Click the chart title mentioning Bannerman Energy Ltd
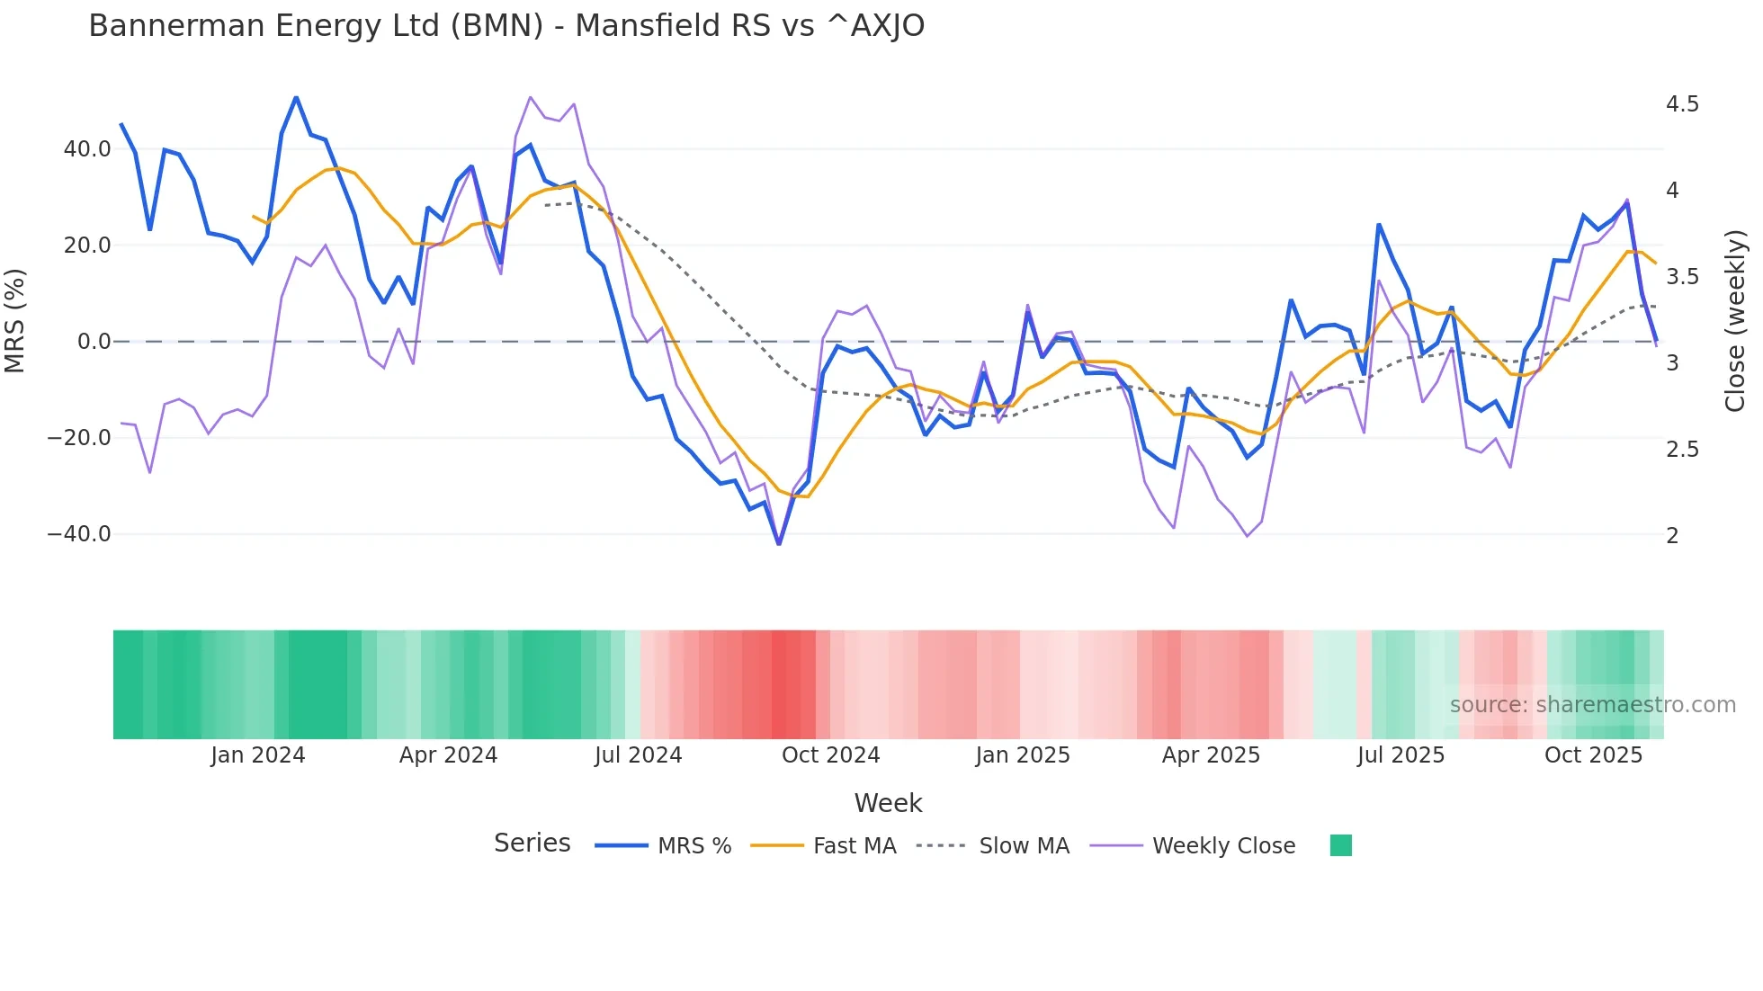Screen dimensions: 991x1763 (506, 26)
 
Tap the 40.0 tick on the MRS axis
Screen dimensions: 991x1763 (87, 149)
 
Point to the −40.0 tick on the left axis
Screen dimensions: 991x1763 (79, 534)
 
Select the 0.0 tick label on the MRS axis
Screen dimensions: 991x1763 (94, 342)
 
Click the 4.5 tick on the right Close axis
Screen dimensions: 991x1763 (1682, 104)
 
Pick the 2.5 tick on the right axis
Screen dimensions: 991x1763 (1682, 450)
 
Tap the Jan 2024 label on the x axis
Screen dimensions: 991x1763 (258, 755)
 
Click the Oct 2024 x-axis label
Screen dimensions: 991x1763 (830, 755)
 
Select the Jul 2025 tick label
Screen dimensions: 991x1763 (1401, 755)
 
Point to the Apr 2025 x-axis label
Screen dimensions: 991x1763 (1211, 755)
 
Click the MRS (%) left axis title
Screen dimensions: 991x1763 (15, 321)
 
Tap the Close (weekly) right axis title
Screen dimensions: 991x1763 (1735, 321)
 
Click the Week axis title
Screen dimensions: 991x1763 (888, 803)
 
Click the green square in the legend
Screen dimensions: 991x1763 (1340, 845)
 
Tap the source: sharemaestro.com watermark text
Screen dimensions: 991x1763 (1592, 705)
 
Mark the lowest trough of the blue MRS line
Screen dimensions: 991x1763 (779, 544)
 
